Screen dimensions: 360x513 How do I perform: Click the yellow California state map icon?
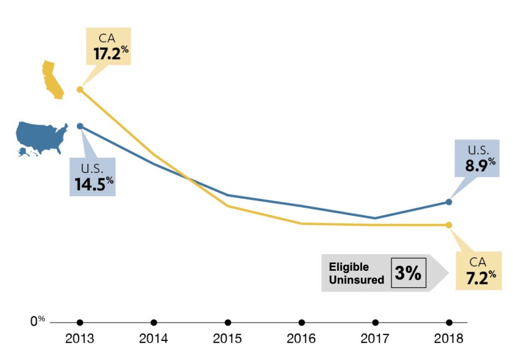pyautogui.click(x=53, y=79)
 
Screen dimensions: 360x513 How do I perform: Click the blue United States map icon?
pyautogui.click(x=42, y=138)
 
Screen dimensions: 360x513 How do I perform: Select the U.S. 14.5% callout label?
pyautogui.click(x=92, y=177)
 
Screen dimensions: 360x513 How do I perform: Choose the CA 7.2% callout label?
pyautogui.click(x=478, y=270)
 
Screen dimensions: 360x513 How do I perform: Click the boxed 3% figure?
pyautogui.click(x=408, y=273)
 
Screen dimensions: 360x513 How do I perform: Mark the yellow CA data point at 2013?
pyautogui.click(x=79, y=89)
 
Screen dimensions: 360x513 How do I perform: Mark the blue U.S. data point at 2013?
pyautogui.click(x=80, y=126)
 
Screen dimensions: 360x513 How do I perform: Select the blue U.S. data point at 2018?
pyautogui.click(x=449, y=202)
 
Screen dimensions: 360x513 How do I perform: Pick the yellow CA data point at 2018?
pyautogui.click(x=449, y=225)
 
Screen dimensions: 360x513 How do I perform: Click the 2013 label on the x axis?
pyautogui.click(x=79, y=339)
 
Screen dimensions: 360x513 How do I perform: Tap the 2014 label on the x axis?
pyautogui.click(x=153, y=339)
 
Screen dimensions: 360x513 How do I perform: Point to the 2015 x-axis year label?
pyautogui.click(x=227, y=339)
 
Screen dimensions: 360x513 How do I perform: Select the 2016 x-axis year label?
pyautogui.click(x=301, y=339)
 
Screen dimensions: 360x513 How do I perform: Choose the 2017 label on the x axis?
pyautogui.click(x=375, y=339)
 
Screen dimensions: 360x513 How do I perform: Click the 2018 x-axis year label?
pyautogui.click(x=449, y=339)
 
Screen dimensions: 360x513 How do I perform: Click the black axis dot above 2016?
pyautogui.click(x=302, y=322)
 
